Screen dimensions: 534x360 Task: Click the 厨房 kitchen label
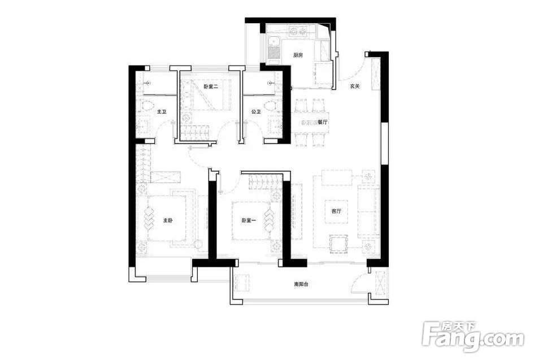pyautogui.click(x=298, y=55)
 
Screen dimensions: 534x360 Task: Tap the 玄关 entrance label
pyautogui.click(x=354, y=86)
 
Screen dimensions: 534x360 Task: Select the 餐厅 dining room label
pyautogui.click(x=322, y=123)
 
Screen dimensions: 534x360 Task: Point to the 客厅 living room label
pyautogui.click(x=336, y=211)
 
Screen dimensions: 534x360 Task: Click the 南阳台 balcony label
pyautogui.click(x=301, y=284)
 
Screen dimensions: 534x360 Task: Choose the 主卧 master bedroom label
pyautogui.click(x=167, y=221)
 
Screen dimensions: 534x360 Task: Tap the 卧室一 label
pyautogui.click(x=249, y=221)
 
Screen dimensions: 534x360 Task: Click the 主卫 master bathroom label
pyautogui.click(x=162, y=112)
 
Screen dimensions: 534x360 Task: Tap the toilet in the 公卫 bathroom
pyautogui.click(x=271, y=105)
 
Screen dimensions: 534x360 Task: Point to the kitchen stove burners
pyautogui.click(x=297, y=32)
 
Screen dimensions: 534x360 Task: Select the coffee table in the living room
pyautogui.click(x=336, y=211)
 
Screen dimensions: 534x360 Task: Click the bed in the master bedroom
pyautogui.click(x=166, y=218)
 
